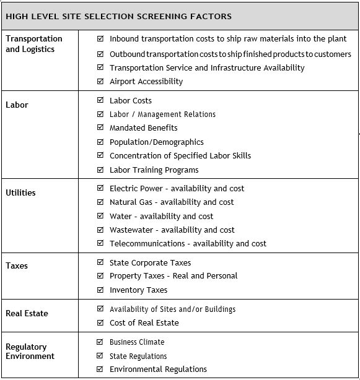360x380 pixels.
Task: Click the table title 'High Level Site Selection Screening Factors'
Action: (x=118, y=16)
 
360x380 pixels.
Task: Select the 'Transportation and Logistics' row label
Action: (x=34, y=44)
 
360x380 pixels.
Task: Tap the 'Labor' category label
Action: (x=17, y=105)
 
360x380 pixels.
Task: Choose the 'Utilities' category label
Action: (x=20, y=192)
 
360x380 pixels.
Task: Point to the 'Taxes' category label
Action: (x=17, y=266)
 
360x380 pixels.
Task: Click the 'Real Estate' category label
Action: (x=27, y=313)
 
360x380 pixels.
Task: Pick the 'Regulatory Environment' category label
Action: (x=30, y=352)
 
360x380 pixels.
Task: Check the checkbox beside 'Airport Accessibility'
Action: (x=101, y=81)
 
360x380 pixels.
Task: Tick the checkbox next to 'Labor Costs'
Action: (x=101, y=100)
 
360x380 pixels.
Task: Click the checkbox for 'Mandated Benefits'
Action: (x=101, y=127)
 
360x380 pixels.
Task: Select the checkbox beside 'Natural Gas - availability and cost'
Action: (x=101, y=202)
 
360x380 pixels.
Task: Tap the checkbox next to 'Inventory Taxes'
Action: (x=101, y=290)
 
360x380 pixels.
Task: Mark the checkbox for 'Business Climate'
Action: (x=101, y=342)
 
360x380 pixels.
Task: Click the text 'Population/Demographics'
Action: (x=156, y=142)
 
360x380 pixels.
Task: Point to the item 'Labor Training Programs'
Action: (x=154, y=170)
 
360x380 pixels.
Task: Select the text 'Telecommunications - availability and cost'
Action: (x=188, y=243)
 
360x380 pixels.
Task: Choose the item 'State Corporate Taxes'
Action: (x=150, y=262)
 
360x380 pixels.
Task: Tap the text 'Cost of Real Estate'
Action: (x=144, y=322)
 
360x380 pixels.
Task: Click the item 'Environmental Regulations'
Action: (x=158, y=369)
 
